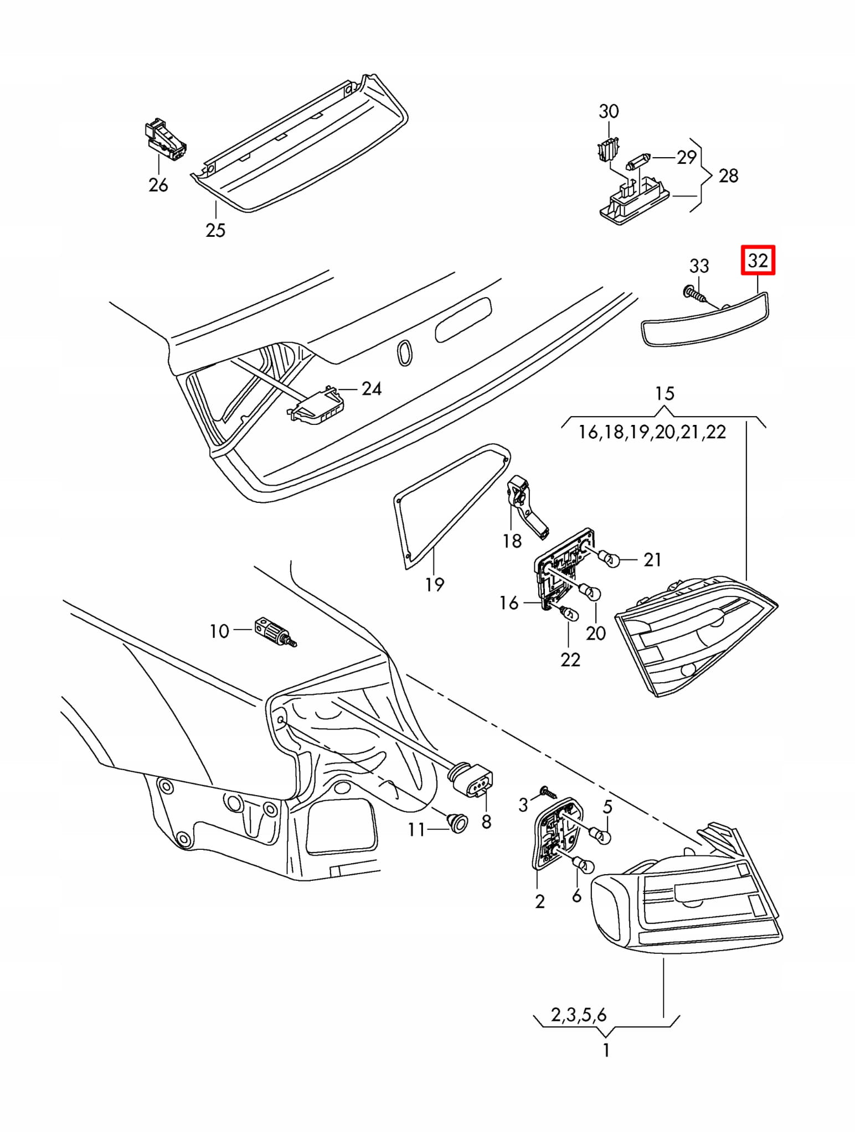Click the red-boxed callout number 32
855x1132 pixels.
pos(758,260)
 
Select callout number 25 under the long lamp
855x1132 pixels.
pos(215,230)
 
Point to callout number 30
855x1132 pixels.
pos(609,111)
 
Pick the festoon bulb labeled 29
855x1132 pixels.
pos(640,163)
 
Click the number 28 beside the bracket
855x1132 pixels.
pos(728,175)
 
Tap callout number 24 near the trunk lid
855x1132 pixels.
pos(372,388)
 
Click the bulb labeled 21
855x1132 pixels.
pos(609,560)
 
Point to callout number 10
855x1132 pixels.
pos(219,631)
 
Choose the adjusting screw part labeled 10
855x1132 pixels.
pos(274,632)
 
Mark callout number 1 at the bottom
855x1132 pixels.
pos(606,1049)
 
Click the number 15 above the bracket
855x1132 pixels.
pos(665,393)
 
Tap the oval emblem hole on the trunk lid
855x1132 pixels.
pos(405,352)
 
